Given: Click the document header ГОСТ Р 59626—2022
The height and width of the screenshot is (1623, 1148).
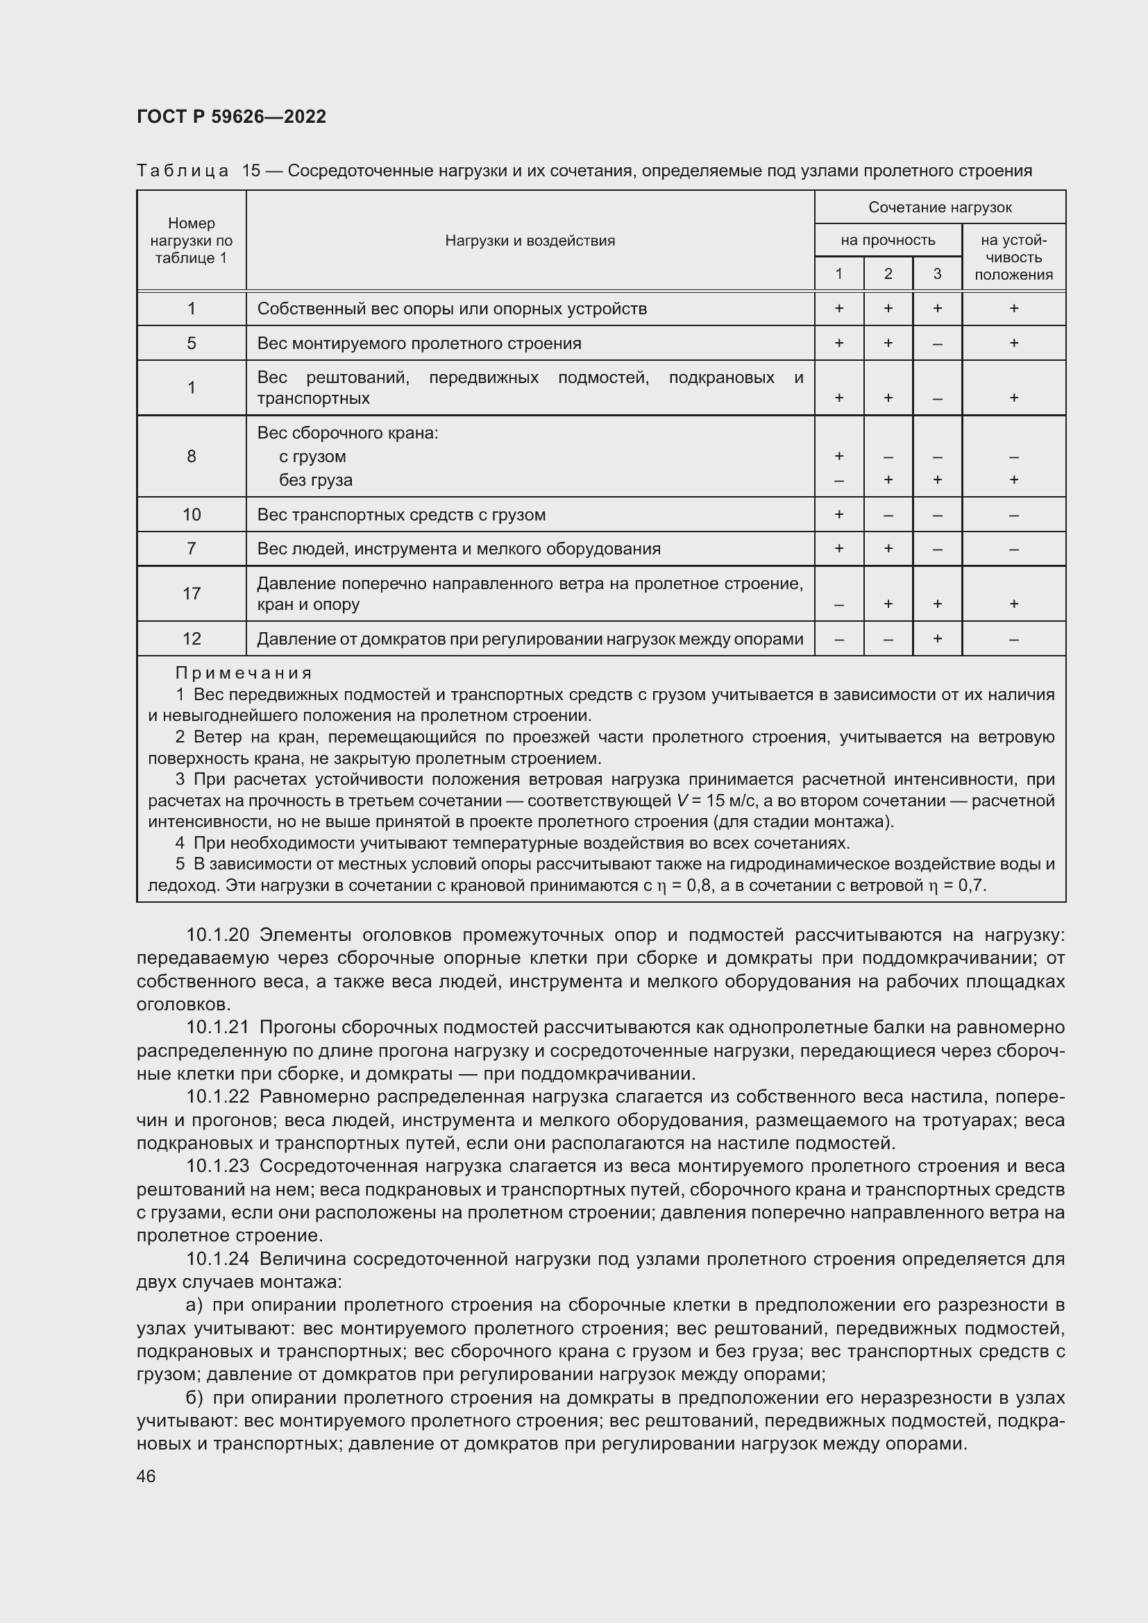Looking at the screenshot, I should click(x=231, y=117).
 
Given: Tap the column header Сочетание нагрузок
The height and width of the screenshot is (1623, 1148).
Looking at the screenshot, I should click(x=940, y=207).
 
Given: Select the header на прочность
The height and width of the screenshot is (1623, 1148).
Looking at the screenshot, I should click(x=887, y=240).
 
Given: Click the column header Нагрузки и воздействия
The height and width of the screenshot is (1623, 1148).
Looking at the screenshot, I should click(x=530, y=240).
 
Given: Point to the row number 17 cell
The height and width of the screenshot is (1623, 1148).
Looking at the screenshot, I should click(x=192, y=593).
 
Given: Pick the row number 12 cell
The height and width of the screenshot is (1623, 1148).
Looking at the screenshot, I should click(x=192, y=638).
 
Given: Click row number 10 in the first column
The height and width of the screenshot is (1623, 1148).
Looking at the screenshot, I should click(x=192, y=514).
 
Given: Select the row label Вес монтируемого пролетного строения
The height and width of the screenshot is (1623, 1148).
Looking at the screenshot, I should click(x=419, y=343).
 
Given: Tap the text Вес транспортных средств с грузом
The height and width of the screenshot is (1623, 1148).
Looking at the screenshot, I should click(x=400, y=515).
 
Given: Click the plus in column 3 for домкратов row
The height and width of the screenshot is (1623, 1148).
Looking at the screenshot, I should click(x=936, y=638).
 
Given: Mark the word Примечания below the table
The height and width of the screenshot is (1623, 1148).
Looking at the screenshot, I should click(x=243, y=673).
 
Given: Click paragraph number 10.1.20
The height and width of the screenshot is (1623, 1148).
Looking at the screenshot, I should click(x=218, y=935).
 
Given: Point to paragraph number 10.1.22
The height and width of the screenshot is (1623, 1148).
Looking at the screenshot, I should click(x=218, y=1096).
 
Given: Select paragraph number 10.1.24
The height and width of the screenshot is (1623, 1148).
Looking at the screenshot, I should click(x=218, y=1259).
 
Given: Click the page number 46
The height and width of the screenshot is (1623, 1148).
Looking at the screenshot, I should click(x=146, y=1476).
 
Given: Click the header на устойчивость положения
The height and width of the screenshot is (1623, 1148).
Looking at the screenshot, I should click(x=1013, y=257).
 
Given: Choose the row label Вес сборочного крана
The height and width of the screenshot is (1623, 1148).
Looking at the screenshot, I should click(x=347, y=432).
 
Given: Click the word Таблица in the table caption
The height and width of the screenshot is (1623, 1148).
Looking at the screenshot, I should click(x=183, y=171).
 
